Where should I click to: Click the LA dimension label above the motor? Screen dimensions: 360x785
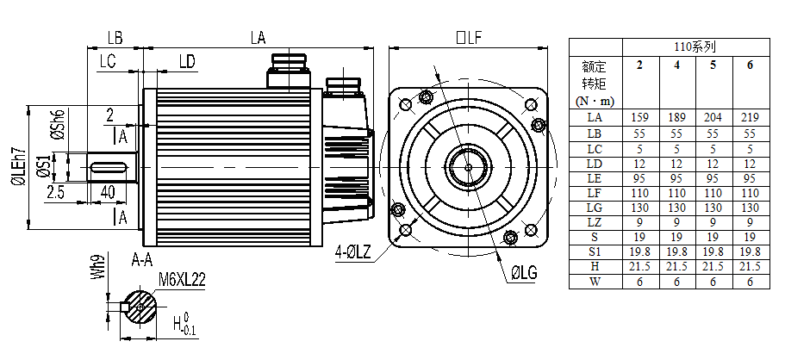(257, 37)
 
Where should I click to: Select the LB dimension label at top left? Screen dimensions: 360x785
(114, 37)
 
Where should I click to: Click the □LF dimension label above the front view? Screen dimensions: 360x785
(468, 37)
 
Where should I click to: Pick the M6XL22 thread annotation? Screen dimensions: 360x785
(182, 279)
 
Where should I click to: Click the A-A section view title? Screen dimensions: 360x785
(142, 259)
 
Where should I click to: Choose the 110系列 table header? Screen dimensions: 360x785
(695, 47)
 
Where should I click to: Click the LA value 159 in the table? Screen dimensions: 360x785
(640, 118)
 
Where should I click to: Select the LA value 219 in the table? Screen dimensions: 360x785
(750, 118)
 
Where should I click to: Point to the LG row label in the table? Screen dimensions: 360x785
(595, 208)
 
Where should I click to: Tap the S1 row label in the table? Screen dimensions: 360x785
(595, 251)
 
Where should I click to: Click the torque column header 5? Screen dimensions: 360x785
(713, 65)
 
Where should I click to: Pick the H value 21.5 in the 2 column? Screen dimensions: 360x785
(640, 267)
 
